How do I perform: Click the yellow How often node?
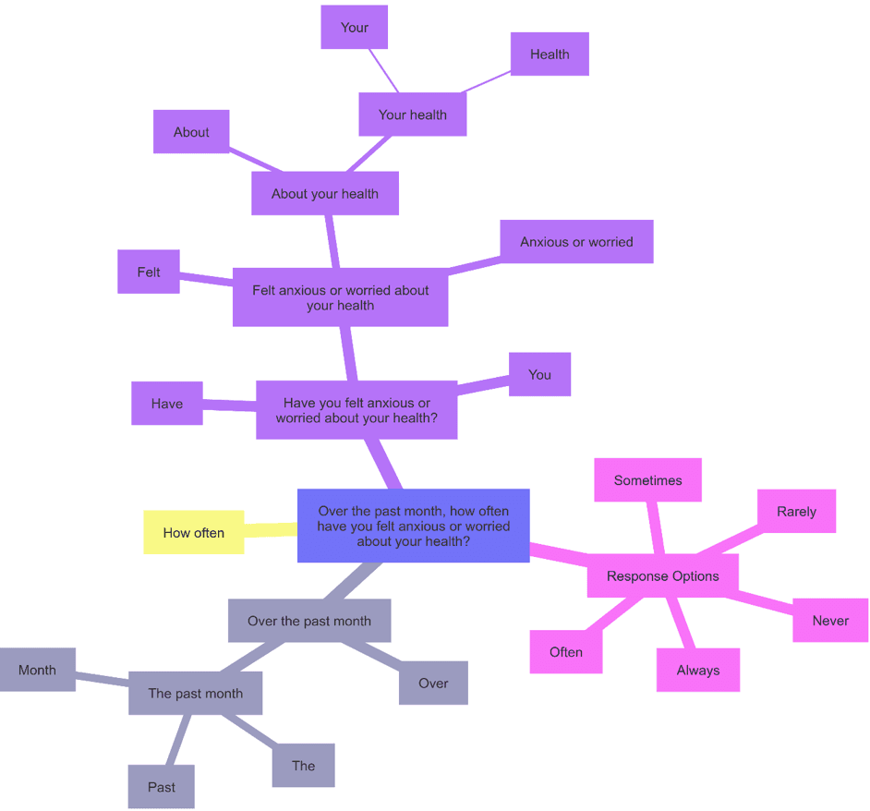[193, 532]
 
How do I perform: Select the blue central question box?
[413, 526]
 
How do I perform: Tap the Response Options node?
[662, 575]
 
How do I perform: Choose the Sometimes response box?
[647, 480]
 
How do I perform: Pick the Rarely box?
[796, 511]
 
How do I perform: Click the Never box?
[829, 620]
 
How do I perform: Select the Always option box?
[697, 670]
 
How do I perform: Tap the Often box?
[565, 651]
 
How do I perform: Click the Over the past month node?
[308, 621]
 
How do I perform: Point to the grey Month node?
[37, 670]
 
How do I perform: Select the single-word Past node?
[161, 786]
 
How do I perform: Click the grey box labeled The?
[303, 765]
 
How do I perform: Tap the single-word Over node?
[433, 683]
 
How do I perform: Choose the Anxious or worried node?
[576, 241]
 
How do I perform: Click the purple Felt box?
[148, 272]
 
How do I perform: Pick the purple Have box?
[166, 403]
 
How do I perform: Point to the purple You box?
[539, 374]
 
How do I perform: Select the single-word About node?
[191, 132]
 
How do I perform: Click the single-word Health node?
[550, 54]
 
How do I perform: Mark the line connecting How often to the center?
[271, 529]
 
